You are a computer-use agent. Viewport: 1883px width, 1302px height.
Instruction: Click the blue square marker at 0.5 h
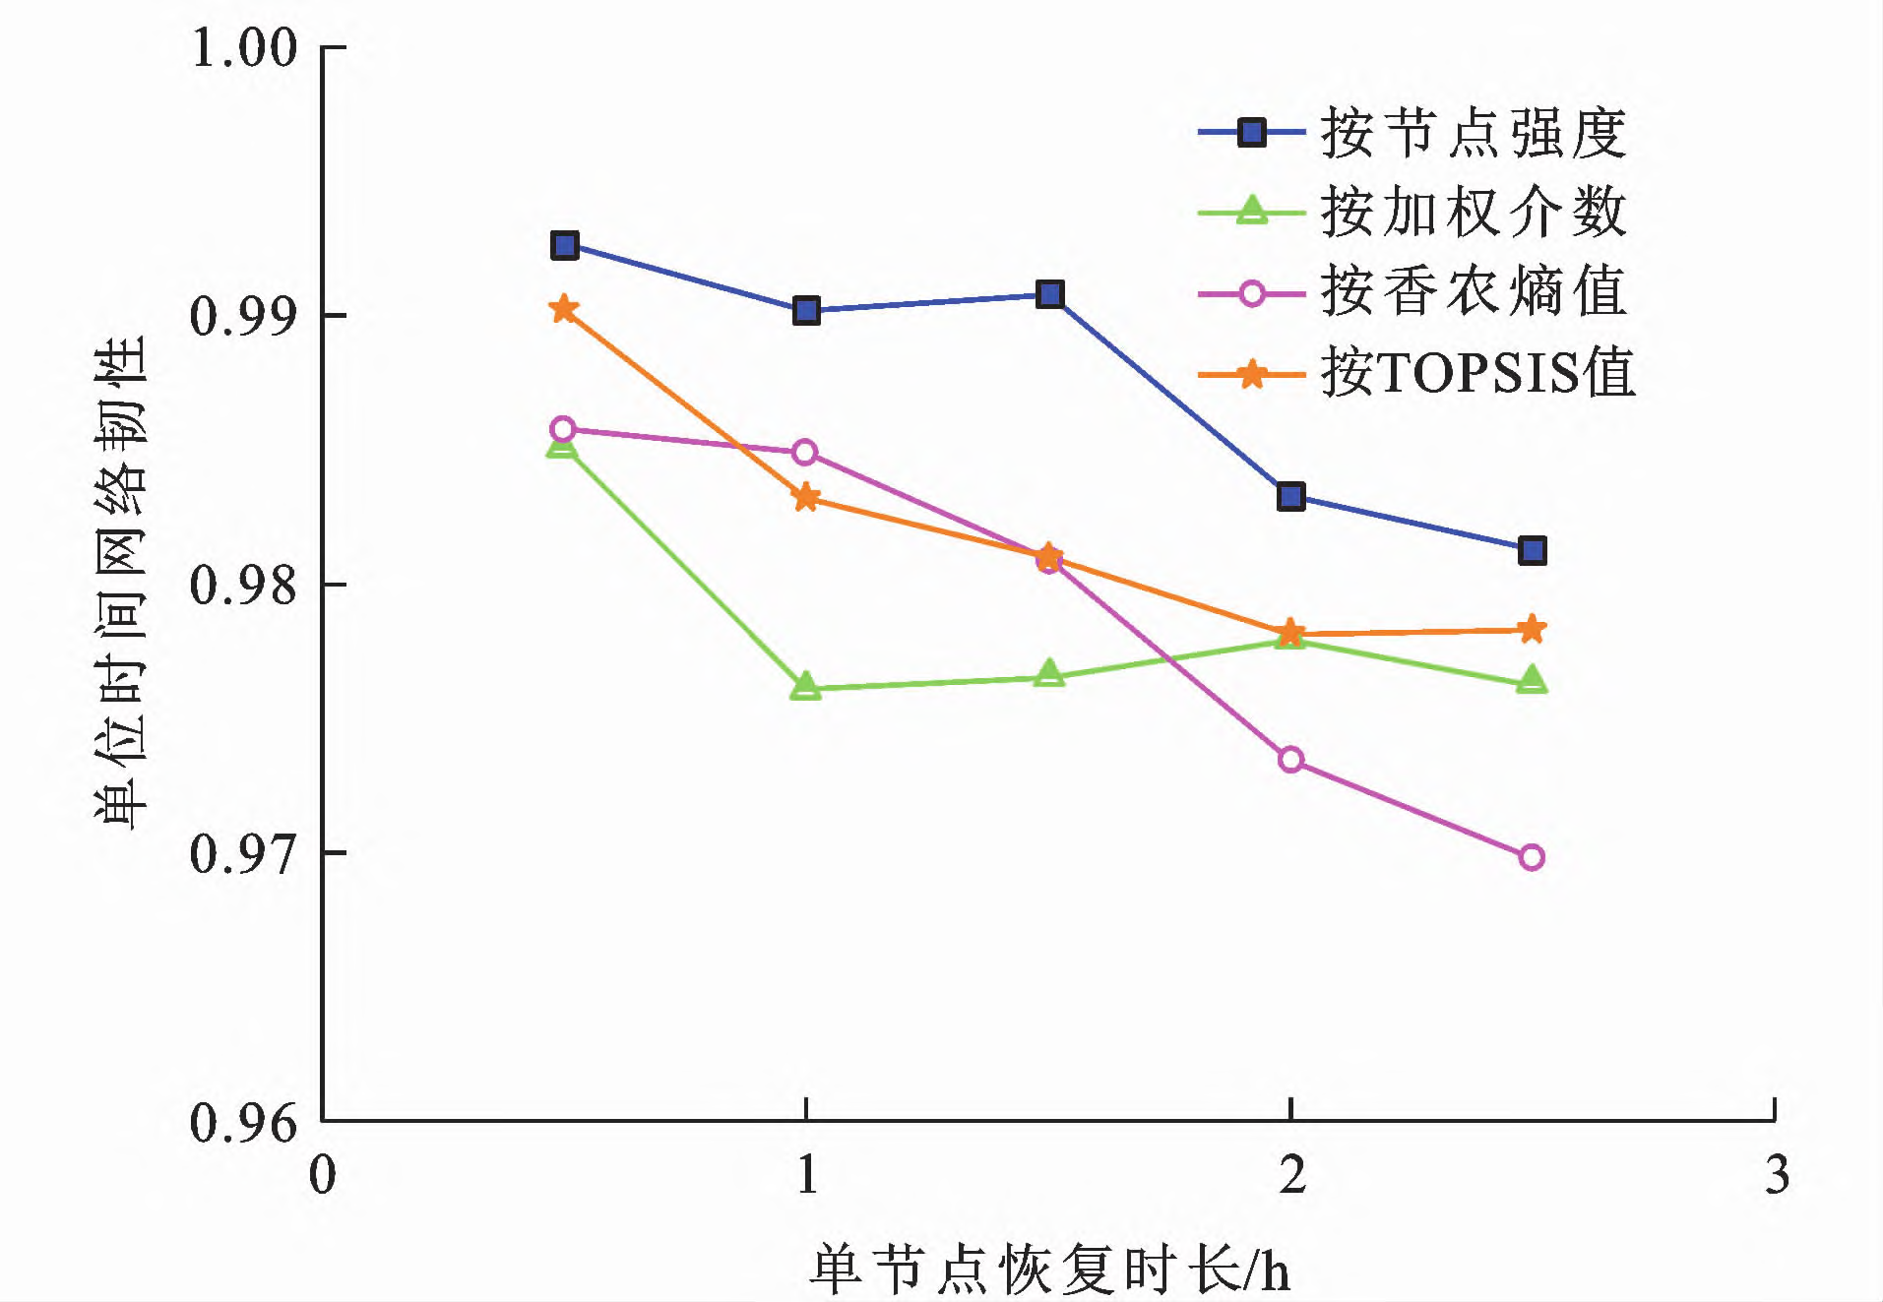coord(564,245)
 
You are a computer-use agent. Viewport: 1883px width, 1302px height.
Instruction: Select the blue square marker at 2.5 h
coord(1532,550)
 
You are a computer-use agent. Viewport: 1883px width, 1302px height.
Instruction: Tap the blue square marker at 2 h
coord(1290,496)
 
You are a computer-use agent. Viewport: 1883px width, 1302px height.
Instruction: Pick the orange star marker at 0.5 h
coord(563,309)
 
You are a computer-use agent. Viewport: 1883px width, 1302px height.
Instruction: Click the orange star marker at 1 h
coord(805,497)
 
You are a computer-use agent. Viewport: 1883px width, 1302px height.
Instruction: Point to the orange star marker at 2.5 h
coord(1532,629)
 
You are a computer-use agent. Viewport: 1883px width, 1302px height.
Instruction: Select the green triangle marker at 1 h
coord(805,686)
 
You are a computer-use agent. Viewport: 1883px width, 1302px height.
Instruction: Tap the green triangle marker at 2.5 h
coord(1532,680)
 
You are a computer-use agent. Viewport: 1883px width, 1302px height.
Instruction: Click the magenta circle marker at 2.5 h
coord(1532,857)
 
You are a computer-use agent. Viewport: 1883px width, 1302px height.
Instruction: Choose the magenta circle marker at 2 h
coord(1290,759)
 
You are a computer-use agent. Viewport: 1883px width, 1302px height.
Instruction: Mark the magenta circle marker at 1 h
coord(805,453)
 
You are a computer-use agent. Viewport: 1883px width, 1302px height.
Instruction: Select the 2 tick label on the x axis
coord(1291,1175)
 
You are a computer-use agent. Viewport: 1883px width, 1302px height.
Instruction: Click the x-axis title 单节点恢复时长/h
coord(1049,1270)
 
